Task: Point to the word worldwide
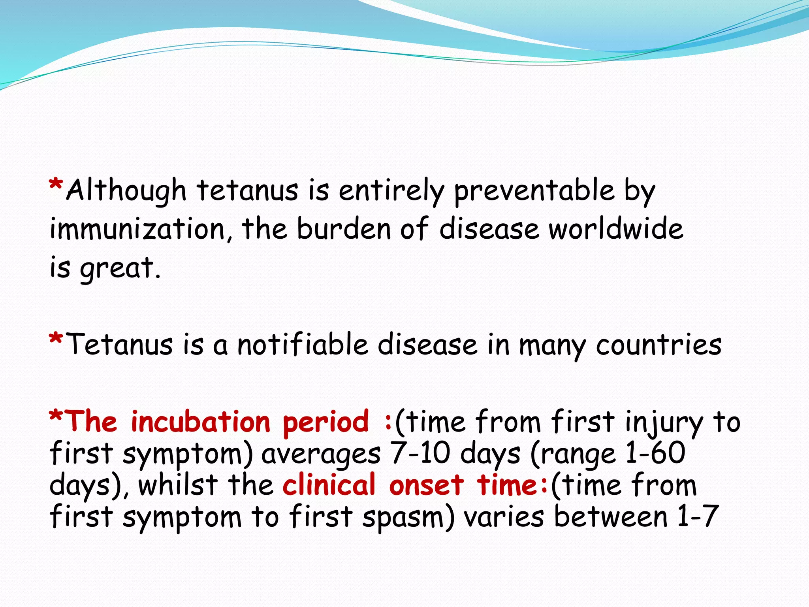pyautogui.click(x=616, y=229)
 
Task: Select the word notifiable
pyautogui.click(x=303, y=345)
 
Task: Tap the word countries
pyautogui.click(x=658, y=345)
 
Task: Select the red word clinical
pyautogui.click(x=329, y=485)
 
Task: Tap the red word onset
pyautogui.click(x=426, y=485)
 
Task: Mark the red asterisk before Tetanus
pyautogui.click(x=56, y=339)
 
